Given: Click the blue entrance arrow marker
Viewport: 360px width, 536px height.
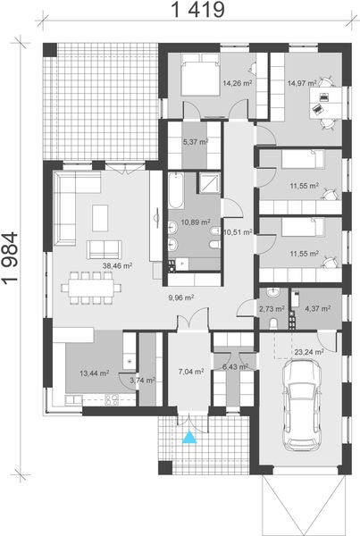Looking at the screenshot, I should tap(188, 437).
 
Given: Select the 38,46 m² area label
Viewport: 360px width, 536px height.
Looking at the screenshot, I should tap(117, 265).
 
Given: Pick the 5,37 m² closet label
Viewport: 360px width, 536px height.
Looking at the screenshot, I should tap(195, 141).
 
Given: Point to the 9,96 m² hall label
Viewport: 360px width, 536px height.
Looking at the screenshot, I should tap(180, 298).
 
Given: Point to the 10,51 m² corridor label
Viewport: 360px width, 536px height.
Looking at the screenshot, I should tap(238, 231).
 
